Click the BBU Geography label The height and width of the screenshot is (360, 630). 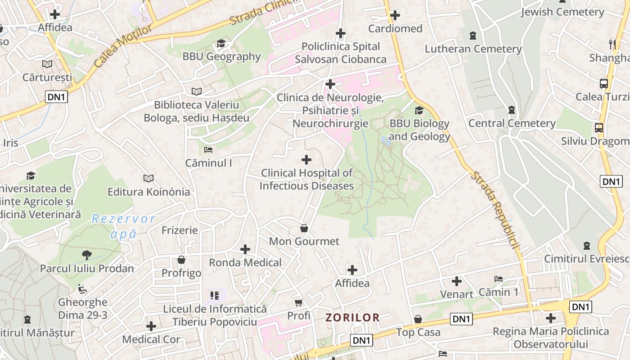click(x=221, y=57)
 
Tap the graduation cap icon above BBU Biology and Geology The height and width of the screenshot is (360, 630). click(x=419, y=110)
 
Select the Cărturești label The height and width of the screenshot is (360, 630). click(x=47, y=77)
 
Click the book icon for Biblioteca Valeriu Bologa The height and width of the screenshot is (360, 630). click(x=197, y=91)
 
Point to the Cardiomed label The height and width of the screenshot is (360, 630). click(x=395, y=29)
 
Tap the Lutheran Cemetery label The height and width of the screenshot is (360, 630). click(x=473, y=49)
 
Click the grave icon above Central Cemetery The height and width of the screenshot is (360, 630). click(x=511, y=109)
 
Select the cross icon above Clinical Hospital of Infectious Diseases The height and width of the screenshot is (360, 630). click(x=306, y=160)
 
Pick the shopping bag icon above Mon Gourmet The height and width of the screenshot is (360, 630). click(x=304, y=228)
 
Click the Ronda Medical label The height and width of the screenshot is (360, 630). click(x=245, y=262)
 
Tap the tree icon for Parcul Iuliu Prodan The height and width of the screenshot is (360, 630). click(x=87, y=255)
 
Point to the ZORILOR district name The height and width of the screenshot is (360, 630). click(x=352, y=318)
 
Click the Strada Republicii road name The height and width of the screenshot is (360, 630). click(x=495, y=210)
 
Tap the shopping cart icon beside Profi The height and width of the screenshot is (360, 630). click(x=298, y=302)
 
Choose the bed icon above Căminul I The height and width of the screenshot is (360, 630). click(x=208, y=149)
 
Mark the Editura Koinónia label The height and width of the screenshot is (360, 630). click(x=148, y=192)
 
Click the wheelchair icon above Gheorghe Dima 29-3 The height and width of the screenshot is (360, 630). click(x=82, y=288)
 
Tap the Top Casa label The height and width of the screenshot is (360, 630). click(x=418, y=333)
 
